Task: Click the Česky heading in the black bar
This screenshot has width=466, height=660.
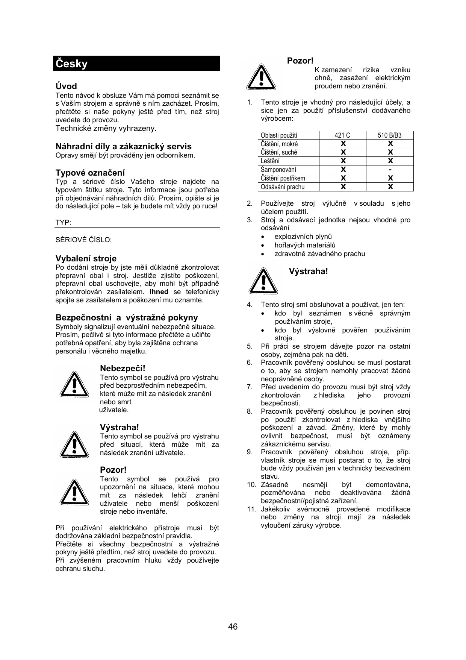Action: point(72,64)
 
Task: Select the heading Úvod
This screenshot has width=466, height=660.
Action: point(66,86)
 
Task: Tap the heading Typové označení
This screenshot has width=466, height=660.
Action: point(90,173)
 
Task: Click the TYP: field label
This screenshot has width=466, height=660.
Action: point(63,222)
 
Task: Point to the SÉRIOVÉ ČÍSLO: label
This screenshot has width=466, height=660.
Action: point(83,240)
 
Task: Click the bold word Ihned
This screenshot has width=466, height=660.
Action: point(159,292)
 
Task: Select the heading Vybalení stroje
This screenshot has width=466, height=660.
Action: point(86,258)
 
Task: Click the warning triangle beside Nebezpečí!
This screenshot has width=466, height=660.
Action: point(75,383)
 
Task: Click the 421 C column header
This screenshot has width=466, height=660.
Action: point(342,135)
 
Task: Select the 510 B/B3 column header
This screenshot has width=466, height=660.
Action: point(390,135)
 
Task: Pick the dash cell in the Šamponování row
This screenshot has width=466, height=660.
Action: point(390,170)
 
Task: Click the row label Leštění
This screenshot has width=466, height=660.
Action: point(270,161)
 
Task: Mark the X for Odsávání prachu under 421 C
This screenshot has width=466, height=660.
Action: point(343,187)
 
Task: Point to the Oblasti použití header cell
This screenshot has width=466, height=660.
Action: point(279,135)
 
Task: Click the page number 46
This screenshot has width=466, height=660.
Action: point(233,627)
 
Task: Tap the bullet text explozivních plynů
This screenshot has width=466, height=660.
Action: point(303,237)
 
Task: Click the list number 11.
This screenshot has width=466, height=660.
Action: point(251,509)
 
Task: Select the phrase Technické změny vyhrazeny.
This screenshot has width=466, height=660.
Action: point(106,128)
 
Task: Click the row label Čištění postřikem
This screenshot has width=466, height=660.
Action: point(283,178)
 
